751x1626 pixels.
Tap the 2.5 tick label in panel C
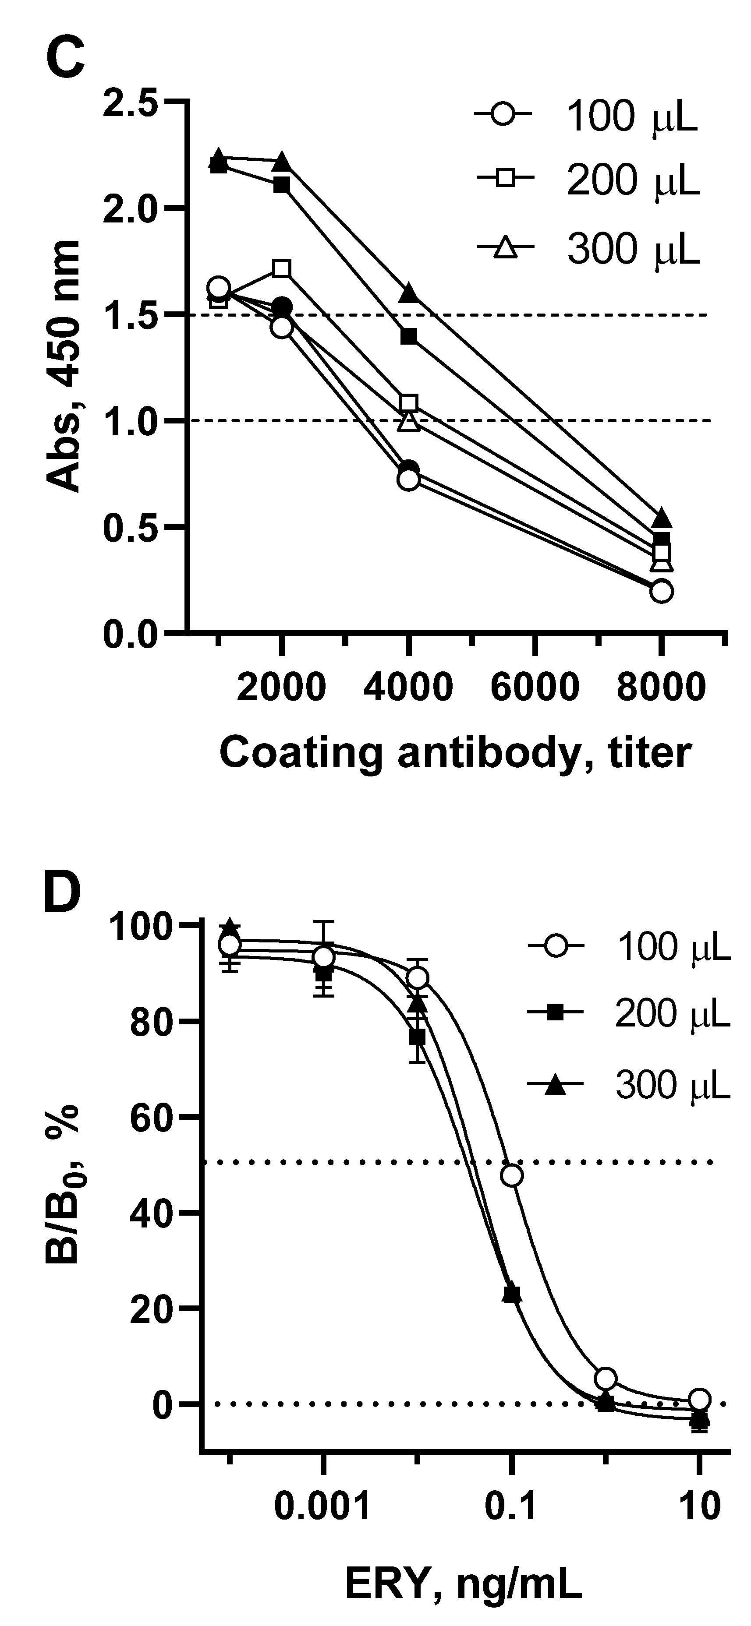click(130, 102)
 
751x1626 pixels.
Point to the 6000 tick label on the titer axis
click(535, 686)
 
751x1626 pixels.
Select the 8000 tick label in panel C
click(661, 686)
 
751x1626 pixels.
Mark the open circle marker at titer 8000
click(661, 592)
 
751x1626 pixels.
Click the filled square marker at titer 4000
click(409, 336)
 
